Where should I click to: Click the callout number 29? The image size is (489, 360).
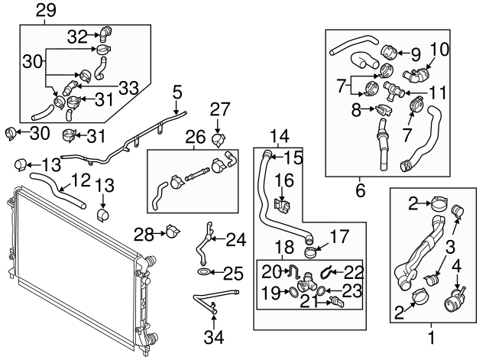point(46,10)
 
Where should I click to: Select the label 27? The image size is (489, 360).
point(219,109)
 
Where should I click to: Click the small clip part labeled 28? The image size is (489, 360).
point(173,232)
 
